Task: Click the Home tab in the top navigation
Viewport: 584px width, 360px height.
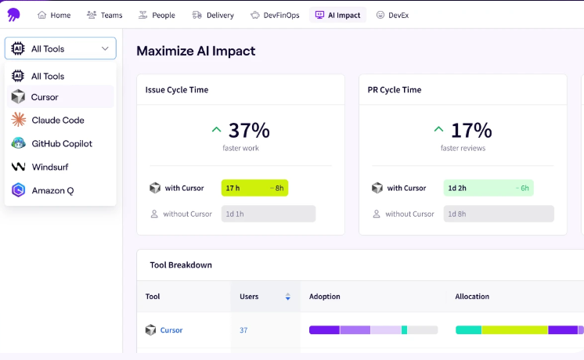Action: (x=54, y=15)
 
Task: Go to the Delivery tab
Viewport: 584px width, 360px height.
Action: (x=212, y=15)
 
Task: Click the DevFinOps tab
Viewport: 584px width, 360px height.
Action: (x=275, y=15)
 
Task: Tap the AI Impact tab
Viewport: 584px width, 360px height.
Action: (x=337, y=15)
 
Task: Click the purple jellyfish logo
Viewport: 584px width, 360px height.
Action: (x=13, y=15)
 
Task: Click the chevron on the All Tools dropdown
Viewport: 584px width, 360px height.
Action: (x=105, y=49)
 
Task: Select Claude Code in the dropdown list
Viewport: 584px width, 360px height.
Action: (x=57, y=121)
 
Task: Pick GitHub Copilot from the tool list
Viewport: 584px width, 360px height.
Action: (x=61, y=144)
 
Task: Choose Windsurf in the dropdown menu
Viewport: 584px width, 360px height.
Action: (x=49, y=167)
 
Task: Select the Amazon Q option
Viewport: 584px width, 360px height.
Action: (x=52, y=190)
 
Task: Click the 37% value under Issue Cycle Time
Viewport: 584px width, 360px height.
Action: (x=248, y=130)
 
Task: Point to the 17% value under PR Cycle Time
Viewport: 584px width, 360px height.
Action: (x=470, y=130)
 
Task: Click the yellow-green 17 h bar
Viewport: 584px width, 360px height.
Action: (x=254, y=189)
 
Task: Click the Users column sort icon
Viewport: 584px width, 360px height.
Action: (x=288, y=297)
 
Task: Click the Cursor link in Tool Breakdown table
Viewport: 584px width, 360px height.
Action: (x=171, y=330)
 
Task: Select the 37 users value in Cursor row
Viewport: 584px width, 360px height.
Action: (x=243, y=330)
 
